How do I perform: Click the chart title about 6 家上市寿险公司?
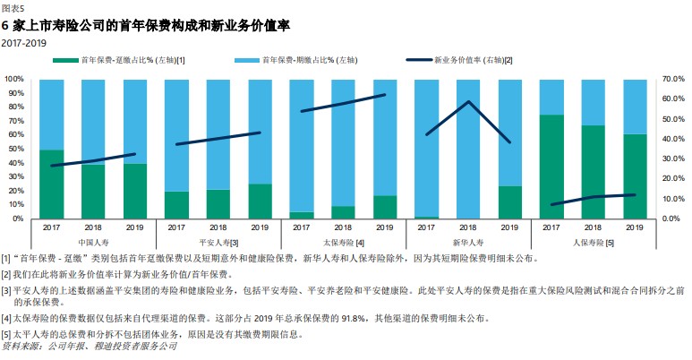coord(146,26)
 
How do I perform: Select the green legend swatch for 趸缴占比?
coord(65,60)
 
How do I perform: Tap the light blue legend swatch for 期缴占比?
coord(247,60)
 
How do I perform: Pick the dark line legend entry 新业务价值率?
coord(458,60)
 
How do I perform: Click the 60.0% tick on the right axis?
coord(673,99)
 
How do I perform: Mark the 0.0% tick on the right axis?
coord(671,219)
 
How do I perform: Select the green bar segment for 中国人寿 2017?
coord(52,184)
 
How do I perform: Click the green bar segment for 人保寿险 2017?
coord(551,167)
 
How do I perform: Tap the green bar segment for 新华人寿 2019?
coord(509,202)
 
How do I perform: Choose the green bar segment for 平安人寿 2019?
coord(260,201)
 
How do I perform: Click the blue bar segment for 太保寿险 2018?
coord(344,143)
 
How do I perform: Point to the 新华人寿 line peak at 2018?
coord(468,101)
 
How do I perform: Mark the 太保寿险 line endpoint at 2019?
coord(385,95)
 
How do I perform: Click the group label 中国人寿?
coord(94,243)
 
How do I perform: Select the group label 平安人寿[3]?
coord(218,243)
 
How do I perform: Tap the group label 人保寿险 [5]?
coord(594,243)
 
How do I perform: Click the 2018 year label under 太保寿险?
coord(343,227)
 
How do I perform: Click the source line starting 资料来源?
coord(90,347)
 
